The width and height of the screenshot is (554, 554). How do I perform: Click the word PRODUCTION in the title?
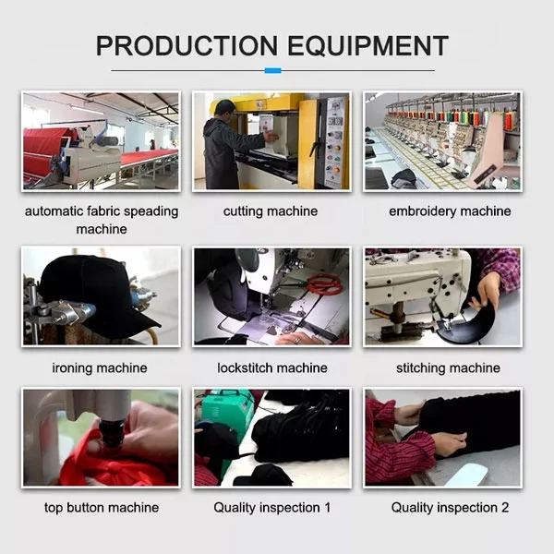point(187,45)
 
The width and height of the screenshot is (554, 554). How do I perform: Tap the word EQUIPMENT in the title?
point(367,45)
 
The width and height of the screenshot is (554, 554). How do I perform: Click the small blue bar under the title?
point(272,71)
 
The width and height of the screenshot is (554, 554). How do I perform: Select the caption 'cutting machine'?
point(271,211)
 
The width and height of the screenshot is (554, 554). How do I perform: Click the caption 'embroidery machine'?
point(450,211)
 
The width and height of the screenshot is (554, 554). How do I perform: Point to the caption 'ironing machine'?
point(100,367)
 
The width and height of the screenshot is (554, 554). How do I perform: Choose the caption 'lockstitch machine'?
point(272,367)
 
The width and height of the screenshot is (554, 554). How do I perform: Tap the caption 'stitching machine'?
point(448,367)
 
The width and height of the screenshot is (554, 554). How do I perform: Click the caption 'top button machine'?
point(102,508)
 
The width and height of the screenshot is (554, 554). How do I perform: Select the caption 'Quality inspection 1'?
point(272,508)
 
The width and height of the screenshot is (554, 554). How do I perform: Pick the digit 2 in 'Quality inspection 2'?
point(505,508)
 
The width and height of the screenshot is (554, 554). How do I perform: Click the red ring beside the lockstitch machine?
point(324,284)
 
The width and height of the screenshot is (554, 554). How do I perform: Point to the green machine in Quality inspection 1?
point(227,417)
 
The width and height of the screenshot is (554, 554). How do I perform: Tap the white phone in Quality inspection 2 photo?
point(467,475)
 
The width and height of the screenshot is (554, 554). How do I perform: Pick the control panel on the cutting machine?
point(334,143)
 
